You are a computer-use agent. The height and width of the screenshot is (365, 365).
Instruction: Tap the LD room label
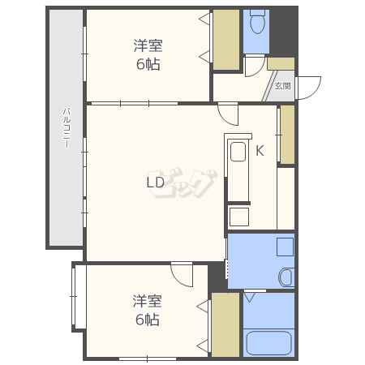pos(155,182)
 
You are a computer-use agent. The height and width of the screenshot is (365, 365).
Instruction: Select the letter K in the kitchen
pos(260,150)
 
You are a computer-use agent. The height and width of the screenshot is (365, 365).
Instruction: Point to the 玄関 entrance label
pos(282,85)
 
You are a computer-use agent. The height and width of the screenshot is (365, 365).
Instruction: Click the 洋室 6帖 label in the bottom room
pos(148,311)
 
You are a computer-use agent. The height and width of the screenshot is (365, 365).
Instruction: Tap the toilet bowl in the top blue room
pos(258,22)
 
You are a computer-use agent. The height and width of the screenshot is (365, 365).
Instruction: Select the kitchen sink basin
pos(238,152)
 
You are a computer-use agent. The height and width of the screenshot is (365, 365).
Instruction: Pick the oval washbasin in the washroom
pos(286,277)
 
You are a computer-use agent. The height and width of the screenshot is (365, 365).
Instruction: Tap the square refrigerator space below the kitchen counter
pos(239,217)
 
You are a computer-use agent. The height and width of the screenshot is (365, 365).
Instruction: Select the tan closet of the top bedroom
pos(226,40)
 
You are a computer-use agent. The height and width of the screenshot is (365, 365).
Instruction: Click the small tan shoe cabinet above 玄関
pos(281,63)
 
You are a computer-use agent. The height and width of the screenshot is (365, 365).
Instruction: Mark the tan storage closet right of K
pos(286,134)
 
